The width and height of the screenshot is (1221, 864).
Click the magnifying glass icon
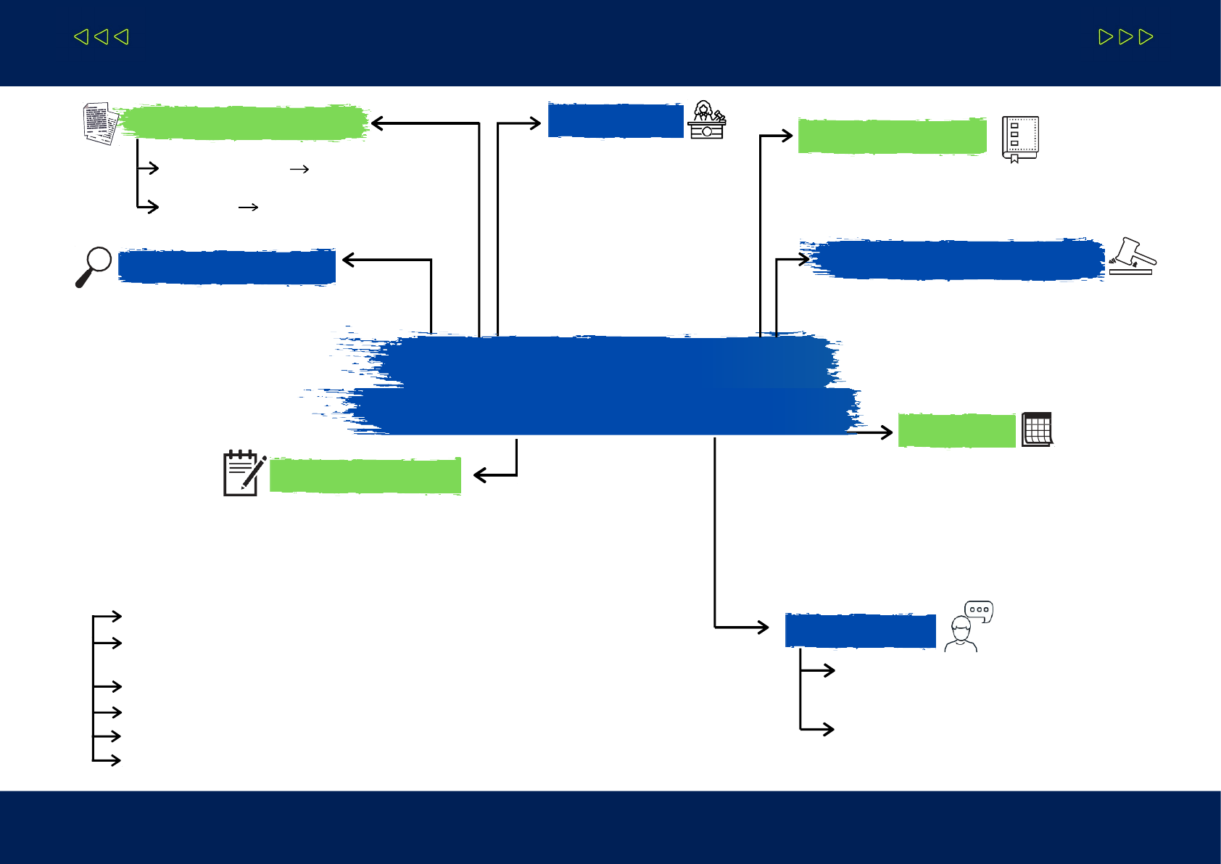coord(94,266)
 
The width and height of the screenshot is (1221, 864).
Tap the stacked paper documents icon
coord(100,123)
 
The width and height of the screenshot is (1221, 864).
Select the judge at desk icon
coord(707,120)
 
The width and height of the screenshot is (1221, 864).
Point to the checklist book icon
coord(1019,138)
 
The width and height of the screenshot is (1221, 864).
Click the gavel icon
coord(1132,257)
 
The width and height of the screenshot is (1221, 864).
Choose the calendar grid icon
coord(1037,429)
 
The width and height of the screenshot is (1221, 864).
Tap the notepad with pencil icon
coord(244,473)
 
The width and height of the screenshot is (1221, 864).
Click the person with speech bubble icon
coord(968,627)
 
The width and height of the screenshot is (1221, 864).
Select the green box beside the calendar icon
coord(956,430)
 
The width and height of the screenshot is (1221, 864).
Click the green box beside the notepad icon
coord(365,476)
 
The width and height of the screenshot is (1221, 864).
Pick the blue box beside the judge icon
coord(616,120)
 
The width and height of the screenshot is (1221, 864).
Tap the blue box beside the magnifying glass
coord(227,267)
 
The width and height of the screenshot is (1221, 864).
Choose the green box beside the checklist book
coord(892,136)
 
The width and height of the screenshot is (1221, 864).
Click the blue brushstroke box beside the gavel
coord(957,260)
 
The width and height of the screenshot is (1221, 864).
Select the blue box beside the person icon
coord(860,630)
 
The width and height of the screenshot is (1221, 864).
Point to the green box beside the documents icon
coord(243,123)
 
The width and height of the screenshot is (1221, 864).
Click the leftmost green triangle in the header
coord(81,36)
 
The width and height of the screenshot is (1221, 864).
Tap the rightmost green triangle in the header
coord(1146,37)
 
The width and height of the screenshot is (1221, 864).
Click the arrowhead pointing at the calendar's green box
coord(886,432)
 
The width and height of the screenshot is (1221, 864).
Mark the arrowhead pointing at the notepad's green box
coord(480,475)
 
